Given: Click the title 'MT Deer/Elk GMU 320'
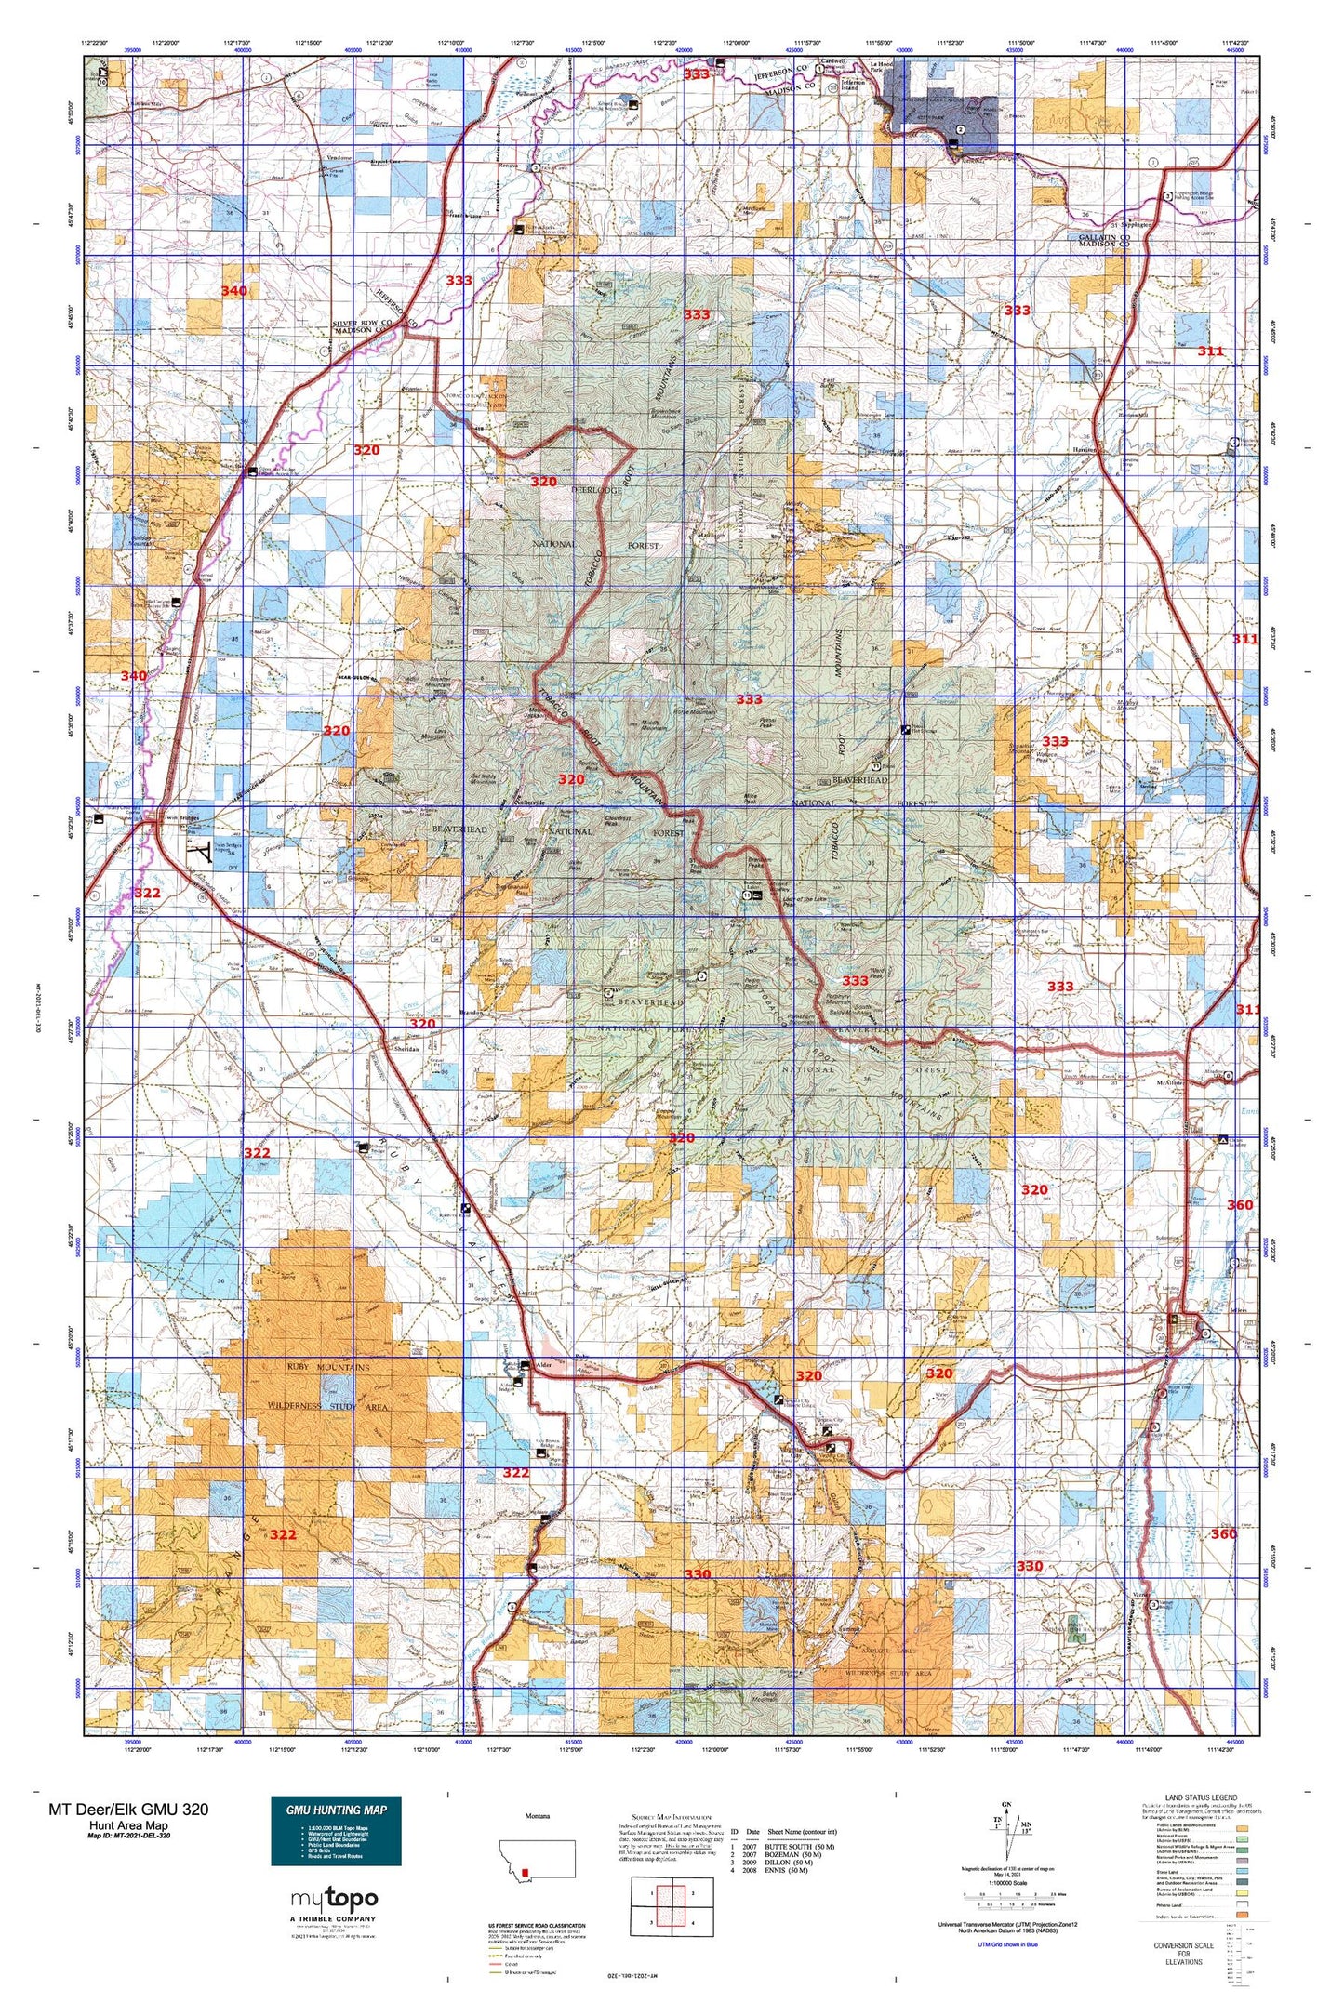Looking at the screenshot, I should pos(128,1809).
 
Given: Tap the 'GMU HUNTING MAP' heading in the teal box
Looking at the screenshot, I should pos(336,1810).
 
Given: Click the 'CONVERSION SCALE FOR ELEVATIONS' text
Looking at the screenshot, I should pos(1183,1954).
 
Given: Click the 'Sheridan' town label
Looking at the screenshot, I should pos(407,1048).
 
